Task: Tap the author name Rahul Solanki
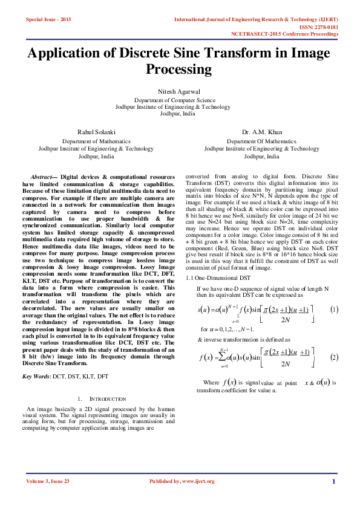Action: pos(96,131)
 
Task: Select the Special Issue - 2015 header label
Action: pos(48,20)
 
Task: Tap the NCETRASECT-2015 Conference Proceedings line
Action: pos(284,34)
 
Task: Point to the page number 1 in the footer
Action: pos(333,481)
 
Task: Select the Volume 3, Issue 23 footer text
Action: pos(48,481)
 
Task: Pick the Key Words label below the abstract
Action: pos(36,377)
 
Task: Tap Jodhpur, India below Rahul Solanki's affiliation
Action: pos(96,156)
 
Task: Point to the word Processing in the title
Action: pos(178,70)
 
